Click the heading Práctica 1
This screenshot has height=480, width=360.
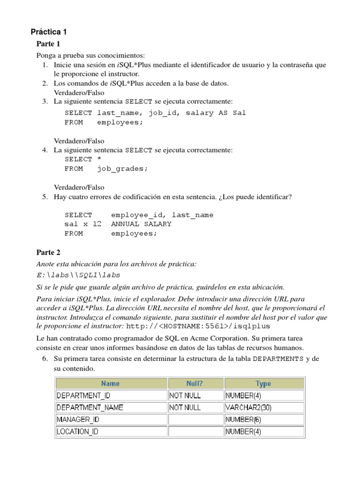pos(49,32)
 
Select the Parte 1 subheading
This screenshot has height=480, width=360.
pos(48,44)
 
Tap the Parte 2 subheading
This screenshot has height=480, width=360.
pos(48,252)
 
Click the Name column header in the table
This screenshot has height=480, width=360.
pos(111,383)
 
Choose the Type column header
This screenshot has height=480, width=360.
pos(263,383)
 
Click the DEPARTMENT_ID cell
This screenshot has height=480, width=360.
pos(83,395)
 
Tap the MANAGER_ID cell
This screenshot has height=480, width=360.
pos(78,419)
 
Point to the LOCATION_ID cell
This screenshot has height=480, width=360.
pos(77,431)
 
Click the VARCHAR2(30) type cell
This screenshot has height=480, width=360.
pos(248,407)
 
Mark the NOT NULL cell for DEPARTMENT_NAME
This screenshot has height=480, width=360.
pos(185,407)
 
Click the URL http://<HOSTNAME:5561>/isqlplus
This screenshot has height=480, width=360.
pos(198,326)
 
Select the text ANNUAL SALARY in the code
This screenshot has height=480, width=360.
pos(141,224)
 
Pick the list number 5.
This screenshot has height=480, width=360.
pos(45,197)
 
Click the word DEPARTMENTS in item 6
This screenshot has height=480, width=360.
pos(278,359)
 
